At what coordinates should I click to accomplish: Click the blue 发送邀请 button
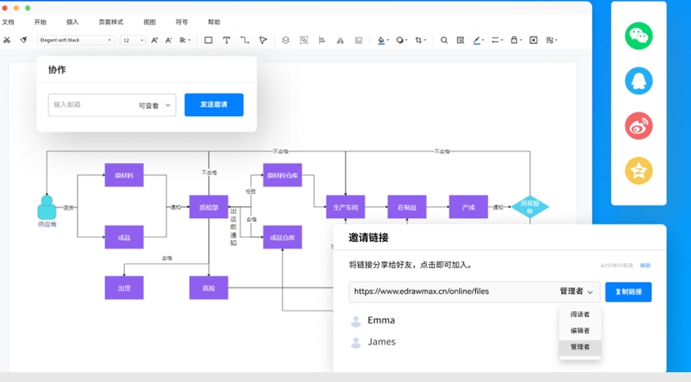tap(214, 105)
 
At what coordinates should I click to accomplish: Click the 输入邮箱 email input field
tap(90, 105)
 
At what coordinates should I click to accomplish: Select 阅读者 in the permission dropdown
tap(580, 314)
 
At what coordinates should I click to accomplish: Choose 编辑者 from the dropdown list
tap(580, 331)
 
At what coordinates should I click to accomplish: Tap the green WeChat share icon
tap(639, 37)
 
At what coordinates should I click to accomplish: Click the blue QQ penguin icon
tap(639, 81)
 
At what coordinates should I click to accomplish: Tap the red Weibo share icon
tap(639, 125)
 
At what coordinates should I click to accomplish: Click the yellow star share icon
tap(639, 170)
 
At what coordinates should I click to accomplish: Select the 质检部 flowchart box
tap(208, 207)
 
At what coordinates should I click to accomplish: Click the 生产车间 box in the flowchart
tap(345, 207)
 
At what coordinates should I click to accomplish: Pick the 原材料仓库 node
tap(282, 175)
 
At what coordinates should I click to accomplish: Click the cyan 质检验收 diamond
tap(530, 208)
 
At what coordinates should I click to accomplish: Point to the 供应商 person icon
tap(47, 208)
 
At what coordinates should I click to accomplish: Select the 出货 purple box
tap(124, 288)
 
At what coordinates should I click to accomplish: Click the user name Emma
tap(381, 320)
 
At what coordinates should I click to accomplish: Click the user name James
tap(381, 342)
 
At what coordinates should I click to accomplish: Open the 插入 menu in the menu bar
tap(73, 22)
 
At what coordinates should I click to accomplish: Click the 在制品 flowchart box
tap(406, 207)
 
